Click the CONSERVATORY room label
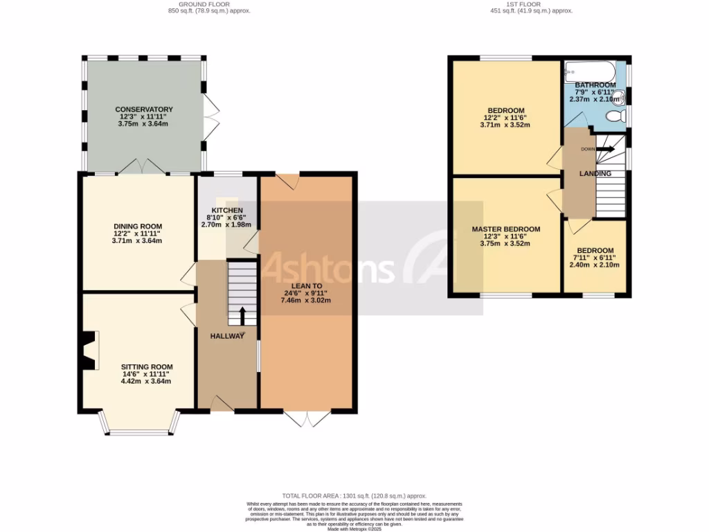pos(143,109)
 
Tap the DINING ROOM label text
pos(137,227)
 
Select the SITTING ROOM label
pos(146,367)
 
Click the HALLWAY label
pos(228,336)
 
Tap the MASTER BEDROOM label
pos(505,229)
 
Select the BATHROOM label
pos(595,85)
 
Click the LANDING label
pos(595,174)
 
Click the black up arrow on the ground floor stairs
pos(242,317)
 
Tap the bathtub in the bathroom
pos(590,71)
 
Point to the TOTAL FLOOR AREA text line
pos(354,496)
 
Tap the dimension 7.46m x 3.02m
pos(305,301)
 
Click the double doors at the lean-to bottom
pos(306,419)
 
